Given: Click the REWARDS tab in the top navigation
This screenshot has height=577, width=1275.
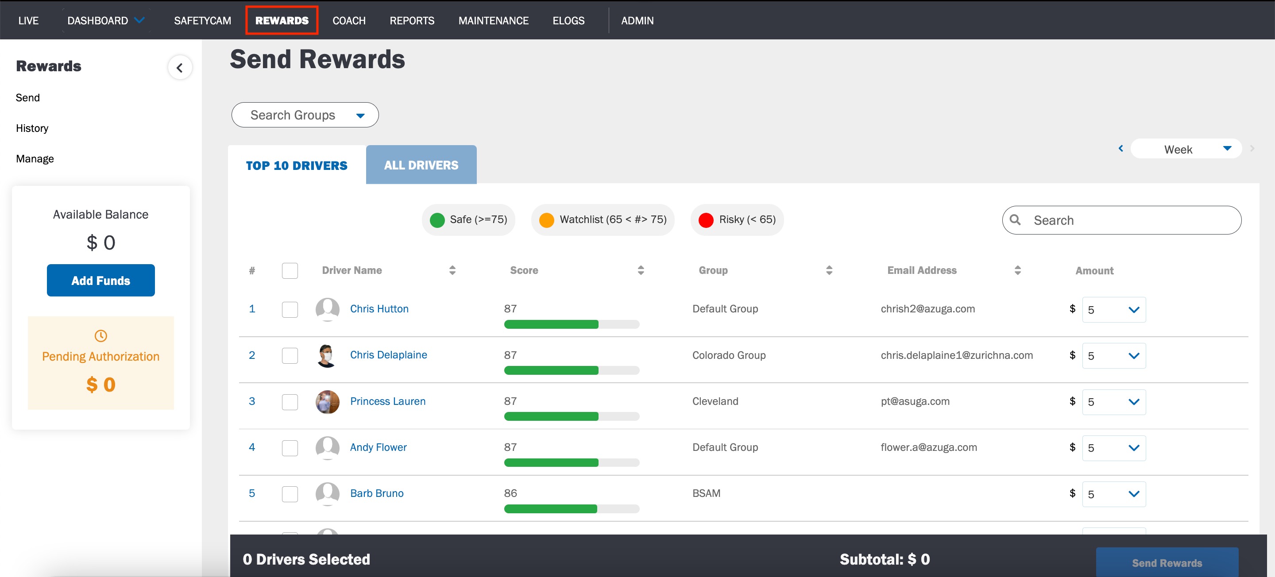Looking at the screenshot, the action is (282, 20).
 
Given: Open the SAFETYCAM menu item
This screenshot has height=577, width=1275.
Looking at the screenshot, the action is (202, 20).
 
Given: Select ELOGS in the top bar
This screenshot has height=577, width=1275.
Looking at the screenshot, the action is (568, 20).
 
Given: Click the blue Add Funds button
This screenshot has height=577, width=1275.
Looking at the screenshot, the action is (101, 280).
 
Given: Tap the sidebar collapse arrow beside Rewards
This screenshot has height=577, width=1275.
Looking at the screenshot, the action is (180, 67).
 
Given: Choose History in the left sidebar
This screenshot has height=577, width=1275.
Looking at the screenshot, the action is (32, 128).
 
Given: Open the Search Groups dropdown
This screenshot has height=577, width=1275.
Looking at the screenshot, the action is (305, 115).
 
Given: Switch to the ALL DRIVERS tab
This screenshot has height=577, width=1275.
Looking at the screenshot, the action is (421, 165).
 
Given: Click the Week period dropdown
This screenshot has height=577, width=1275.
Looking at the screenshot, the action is (1186, 149).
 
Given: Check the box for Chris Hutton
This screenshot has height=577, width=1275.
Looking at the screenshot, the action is (290, 309).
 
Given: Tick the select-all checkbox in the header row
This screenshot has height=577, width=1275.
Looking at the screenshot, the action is (290, 271).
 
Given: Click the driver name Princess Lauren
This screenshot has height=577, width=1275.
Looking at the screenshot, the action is (387, 401).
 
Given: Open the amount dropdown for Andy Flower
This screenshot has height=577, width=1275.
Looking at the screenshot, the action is (1114, 448).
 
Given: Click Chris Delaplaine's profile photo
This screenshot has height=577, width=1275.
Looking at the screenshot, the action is (327, 355).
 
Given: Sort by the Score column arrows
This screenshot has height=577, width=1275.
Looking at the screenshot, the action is (641, 270).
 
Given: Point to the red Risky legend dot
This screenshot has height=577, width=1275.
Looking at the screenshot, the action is (706, 220).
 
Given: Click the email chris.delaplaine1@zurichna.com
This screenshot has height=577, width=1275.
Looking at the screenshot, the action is (956, 355).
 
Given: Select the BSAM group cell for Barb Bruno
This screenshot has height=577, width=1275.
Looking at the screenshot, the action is (706, 493).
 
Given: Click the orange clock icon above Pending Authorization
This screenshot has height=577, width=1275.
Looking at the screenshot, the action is (100, 336).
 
